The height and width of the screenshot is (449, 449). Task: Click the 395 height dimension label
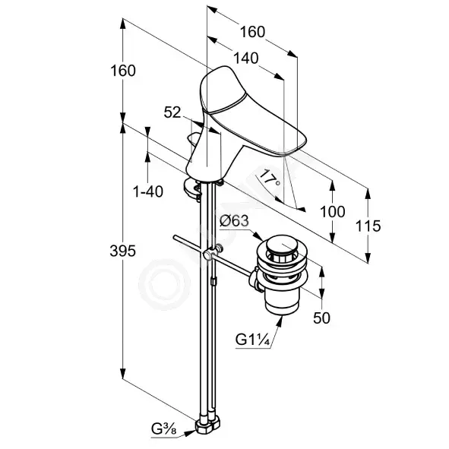point(123,251)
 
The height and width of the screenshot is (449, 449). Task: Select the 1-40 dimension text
point(148,191)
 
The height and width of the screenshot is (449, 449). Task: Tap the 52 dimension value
point(172,112)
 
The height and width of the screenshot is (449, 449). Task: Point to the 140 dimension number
point(246,58)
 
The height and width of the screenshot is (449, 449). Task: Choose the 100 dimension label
point(333,212)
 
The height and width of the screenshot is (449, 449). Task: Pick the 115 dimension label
point(368,226)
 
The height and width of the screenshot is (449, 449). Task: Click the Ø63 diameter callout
point(235,221)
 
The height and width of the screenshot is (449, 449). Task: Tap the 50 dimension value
point(321,318)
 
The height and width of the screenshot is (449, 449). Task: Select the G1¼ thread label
point(252,340)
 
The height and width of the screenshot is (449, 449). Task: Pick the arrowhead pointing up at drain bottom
point(279,320)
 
